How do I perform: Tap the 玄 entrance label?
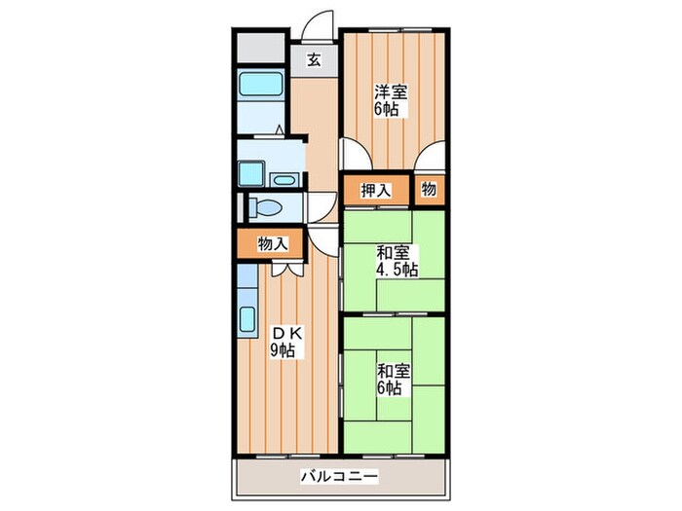[x=314, y=59]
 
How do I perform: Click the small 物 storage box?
[x=429, y=190]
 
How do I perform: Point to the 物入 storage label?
[x=272, y=244]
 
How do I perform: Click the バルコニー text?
[x=338, y=477]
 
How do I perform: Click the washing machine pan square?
[x=252, y=174]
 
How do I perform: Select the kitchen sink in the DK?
[x=246, y=319]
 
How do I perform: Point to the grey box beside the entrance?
[x=259, y=48]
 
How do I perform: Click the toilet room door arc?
[x=321, y=207]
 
